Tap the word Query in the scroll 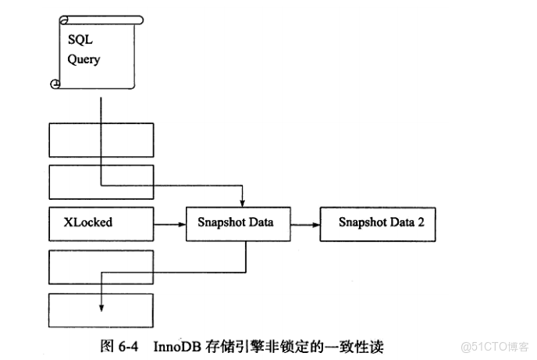(84, 59)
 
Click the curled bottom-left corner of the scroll (55, 84)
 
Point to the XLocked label (87, 223)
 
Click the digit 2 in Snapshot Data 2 (421, 223)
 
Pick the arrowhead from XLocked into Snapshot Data (181, 223)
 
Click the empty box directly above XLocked (100, 180)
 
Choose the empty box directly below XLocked (100, 266)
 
